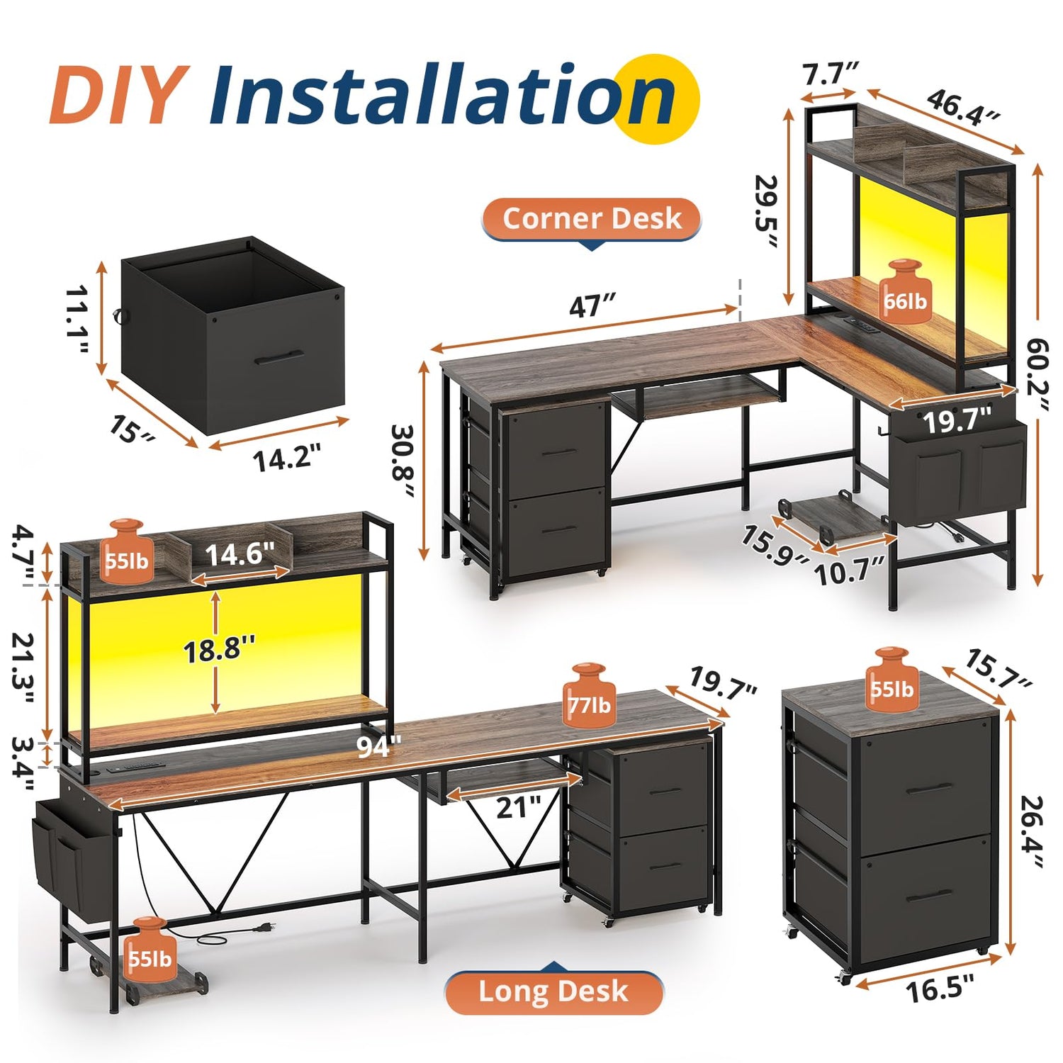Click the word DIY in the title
[119, 94]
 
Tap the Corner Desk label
[592, 218]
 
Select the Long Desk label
[553, 991]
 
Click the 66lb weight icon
[904, 292]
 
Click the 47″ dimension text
[592, 306]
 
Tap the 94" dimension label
[378, 746]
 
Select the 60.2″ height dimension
[1037, 374]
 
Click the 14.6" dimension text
[240, 553]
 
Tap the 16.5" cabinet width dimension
[940, 987]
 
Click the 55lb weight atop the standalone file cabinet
[892, 679]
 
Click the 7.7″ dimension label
[830, 74]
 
